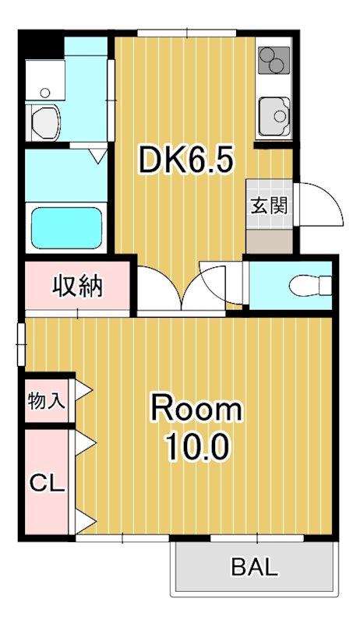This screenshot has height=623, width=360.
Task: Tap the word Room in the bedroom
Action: coord(196,408)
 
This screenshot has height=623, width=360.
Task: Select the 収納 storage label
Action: coord(77,287)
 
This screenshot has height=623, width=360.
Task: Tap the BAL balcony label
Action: coord(254,567)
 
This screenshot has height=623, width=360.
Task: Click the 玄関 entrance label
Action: coord(270,206)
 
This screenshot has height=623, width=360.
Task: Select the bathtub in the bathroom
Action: coord(66,226)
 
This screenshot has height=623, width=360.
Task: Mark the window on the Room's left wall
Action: coord(21,343)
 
